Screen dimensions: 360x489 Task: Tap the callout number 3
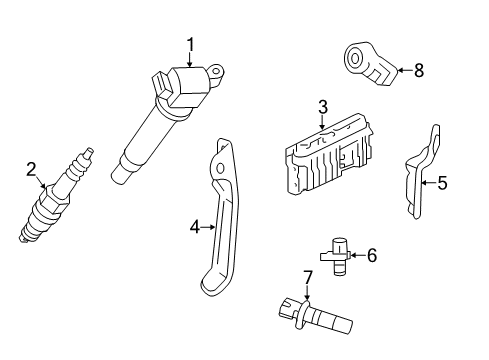[323, 106]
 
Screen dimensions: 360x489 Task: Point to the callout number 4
[195, 228]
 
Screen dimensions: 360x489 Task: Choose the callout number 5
[443, 183]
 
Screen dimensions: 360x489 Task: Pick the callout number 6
[372, 256]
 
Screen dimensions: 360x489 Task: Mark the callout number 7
[308, 277]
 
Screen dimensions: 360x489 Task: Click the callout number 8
[419, 69]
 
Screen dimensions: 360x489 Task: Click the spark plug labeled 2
[55, 200]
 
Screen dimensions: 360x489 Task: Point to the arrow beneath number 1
[187, 58]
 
